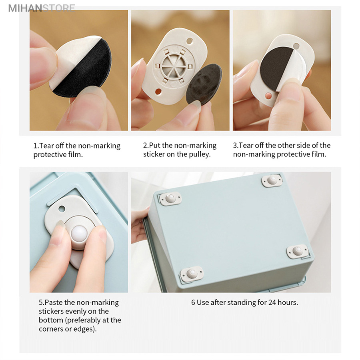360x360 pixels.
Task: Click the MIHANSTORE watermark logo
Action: coord(42,8)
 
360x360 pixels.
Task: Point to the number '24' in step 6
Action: coord(272,302)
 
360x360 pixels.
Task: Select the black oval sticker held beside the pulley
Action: coord(204,83)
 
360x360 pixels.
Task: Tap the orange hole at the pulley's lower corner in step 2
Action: coord(158,92)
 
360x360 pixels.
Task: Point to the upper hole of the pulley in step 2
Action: coord(190,42)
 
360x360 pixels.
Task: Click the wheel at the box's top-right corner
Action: coord(272,180)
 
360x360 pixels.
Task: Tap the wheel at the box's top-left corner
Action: coord(170,198)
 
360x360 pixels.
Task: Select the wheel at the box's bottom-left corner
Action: coord(191,274)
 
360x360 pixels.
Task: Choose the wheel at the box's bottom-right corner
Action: coord(298,251)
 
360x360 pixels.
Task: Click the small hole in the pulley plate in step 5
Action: coord(62,209)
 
